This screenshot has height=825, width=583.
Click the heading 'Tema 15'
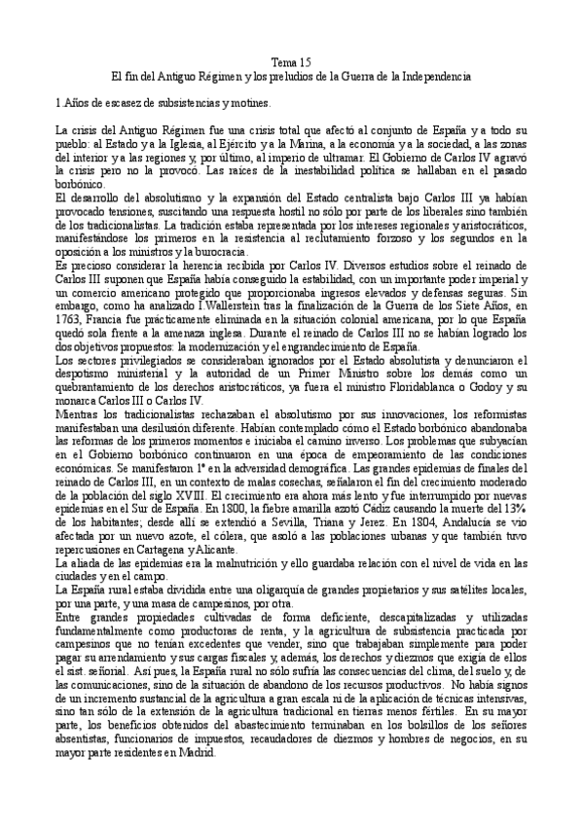pyautogui.click(x=290, y=60)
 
